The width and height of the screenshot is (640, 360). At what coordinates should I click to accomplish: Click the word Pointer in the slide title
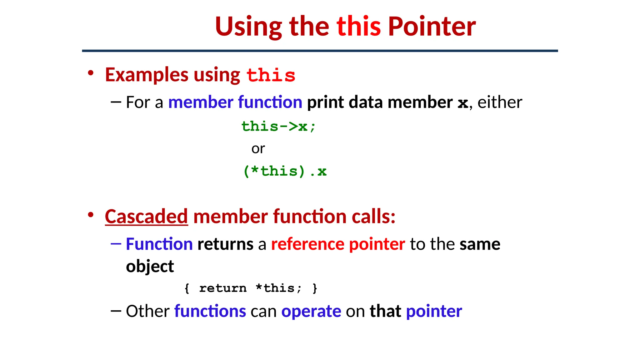click(432, 27)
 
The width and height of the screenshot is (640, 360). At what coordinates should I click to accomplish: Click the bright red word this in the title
click(358, 27)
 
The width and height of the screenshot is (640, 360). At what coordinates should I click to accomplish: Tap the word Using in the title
click(248, 27)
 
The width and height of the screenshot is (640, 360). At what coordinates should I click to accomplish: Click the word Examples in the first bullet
click(147, 75)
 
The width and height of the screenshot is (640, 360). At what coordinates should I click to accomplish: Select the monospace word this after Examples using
click(271, 75)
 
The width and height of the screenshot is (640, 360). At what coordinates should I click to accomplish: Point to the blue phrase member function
click(235, 102)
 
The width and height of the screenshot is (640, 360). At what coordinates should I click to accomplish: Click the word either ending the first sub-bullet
click(499, 102)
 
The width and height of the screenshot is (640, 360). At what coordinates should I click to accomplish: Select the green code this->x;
click(278, 127)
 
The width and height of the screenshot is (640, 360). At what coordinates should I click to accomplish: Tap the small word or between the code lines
click(258, 149)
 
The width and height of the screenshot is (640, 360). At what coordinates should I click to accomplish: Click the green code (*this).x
click(285, 171)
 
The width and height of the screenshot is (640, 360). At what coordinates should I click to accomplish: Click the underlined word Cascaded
click(146, 216)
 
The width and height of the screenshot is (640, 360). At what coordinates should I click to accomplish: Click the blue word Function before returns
click(159, 244)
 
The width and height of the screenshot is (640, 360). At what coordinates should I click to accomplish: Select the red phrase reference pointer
click(338, 244)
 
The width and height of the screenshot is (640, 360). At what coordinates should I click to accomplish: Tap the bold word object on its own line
click(150, 267)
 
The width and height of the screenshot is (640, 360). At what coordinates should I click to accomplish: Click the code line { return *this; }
click(251, 288)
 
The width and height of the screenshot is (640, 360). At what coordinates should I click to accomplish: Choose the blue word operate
click(311, 311)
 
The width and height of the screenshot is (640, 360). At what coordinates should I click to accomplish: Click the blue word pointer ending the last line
click(434, 311)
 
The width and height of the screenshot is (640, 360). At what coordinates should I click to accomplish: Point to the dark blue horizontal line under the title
click(320, 51)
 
